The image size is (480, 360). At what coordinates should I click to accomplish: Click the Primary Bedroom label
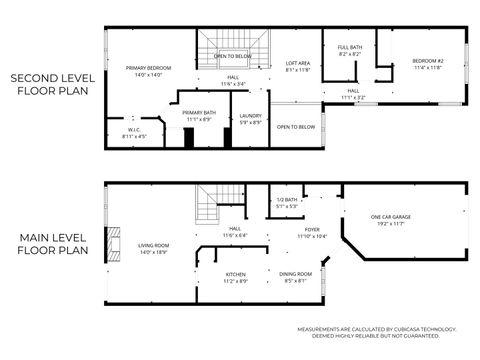[x=150, y=71]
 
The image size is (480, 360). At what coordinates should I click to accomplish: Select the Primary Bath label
[x=200, y=115]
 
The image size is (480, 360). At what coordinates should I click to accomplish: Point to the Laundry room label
[x=251, y=119]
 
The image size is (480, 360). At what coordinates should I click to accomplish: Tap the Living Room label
[x=153, y=247]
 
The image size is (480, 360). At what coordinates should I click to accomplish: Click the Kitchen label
[x=236, y=278]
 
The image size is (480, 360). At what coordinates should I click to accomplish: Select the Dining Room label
[x=296, y=277]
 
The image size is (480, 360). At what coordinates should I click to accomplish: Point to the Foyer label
[x=313, y=233]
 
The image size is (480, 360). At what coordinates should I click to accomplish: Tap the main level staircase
[x=208, y=210]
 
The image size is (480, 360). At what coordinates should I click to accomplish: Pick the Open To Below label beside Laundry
[x=297, y=127]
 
